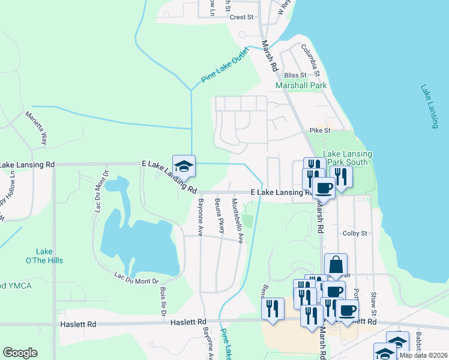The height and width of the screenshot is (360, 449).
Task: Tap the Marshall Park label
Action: point(301,86)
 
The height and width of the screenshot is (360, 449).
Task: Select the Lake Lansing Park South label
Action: point(348,158)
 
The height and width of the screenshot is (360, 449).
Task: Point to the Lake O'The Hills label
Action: point(49,256)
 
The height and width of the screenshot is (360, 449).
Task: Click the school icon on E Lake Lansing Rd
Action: point(184,166)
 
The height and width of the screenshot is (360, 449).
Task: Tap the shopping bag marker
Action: point(336,264)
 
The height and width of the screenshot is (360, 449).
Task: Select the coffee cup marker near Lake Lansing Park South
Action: point(324,188)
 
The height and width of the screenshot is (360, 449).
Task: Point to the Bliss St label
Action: point(295,75)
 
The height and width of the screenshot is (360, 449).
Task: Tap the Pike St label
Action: point(320,130)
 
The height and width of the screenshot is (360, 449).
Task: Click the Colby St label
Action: point(354,233)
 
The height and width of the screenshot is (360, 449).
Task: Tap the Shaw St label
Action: point(373,304)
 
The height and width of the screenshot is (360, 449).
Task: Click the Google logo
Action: point(20,353)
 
